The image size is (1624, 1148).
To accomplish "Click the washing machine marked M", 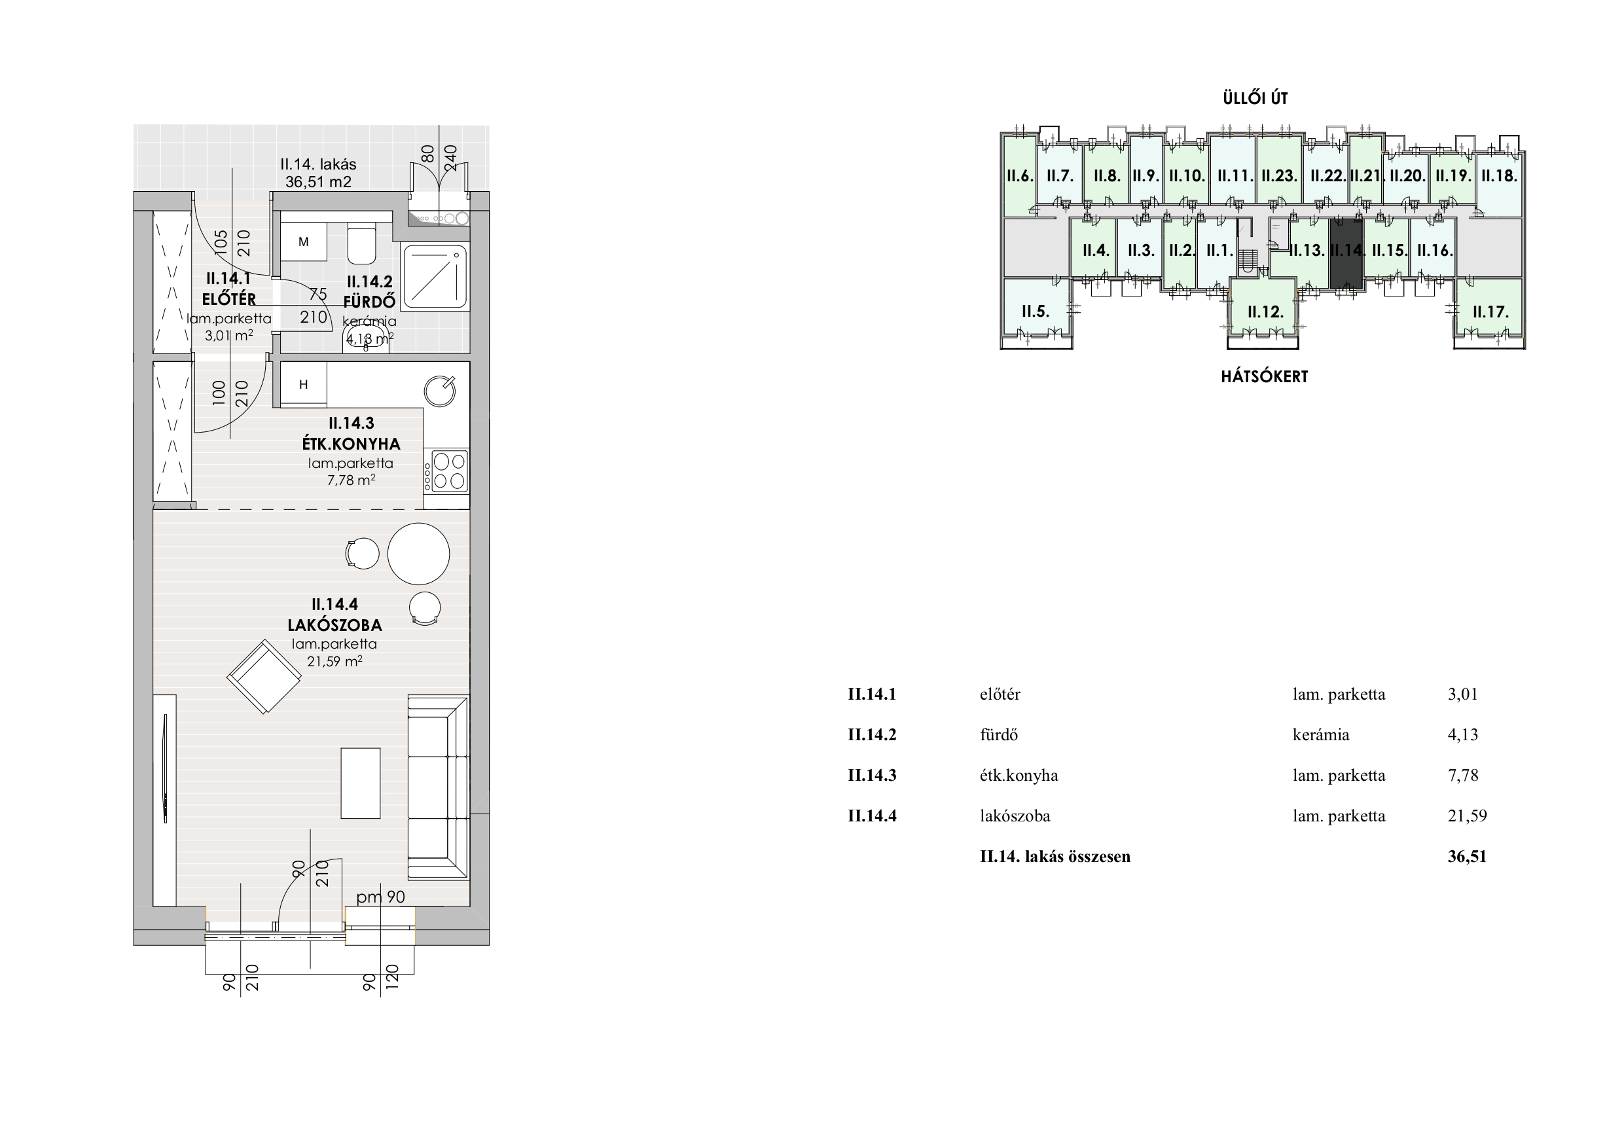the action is (304, 242).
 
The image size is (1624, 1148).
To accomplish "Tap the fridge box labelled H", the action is (304, 385).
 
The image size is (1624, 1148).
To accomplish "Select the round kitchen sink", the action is (439, 391).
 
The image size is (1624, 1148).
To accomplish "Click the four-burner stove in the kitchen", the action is (446, 471).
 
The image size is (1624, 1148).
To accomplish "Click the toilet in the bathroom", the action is (362, 242).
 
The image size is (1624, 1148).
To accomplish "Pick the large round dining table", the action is (419, 554).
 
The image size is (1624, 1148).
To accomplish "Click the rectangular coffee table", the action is (361, 783).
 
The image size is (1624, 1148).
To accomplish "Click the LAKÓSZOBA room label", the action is (334, 625).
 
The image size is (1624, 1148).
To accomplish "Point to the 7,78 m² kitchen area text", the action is (351, 480).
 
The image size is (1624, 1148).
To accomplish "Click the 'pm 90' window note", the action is (380, 897).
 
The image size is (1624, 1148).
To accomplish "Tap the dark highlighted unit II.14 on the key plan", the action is (1346, 253).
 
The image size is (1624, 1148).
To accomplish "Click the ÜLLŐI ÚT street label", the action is (1255, 99).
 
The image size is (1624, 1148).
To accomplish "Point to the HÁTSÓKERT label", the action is (1265, 377).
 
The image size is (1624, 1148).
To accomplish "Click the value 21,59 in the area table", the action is (1467, 816).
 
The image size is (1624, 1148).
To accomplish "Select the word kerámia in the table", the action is (1320, 734).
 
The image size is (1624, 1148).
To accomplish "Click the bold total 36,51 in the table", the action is (1467, 857).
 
